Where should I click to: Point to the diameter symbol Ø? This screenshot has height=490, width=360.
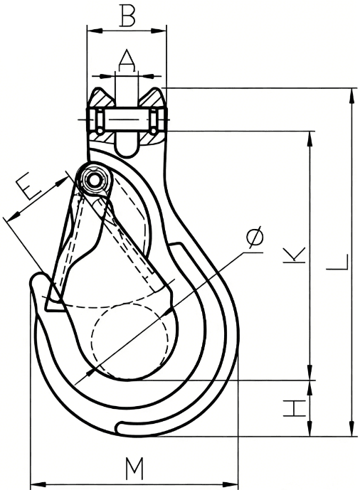pos(254,238)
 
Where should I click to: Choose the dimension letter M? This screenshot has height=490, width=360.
pos(134,469)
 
